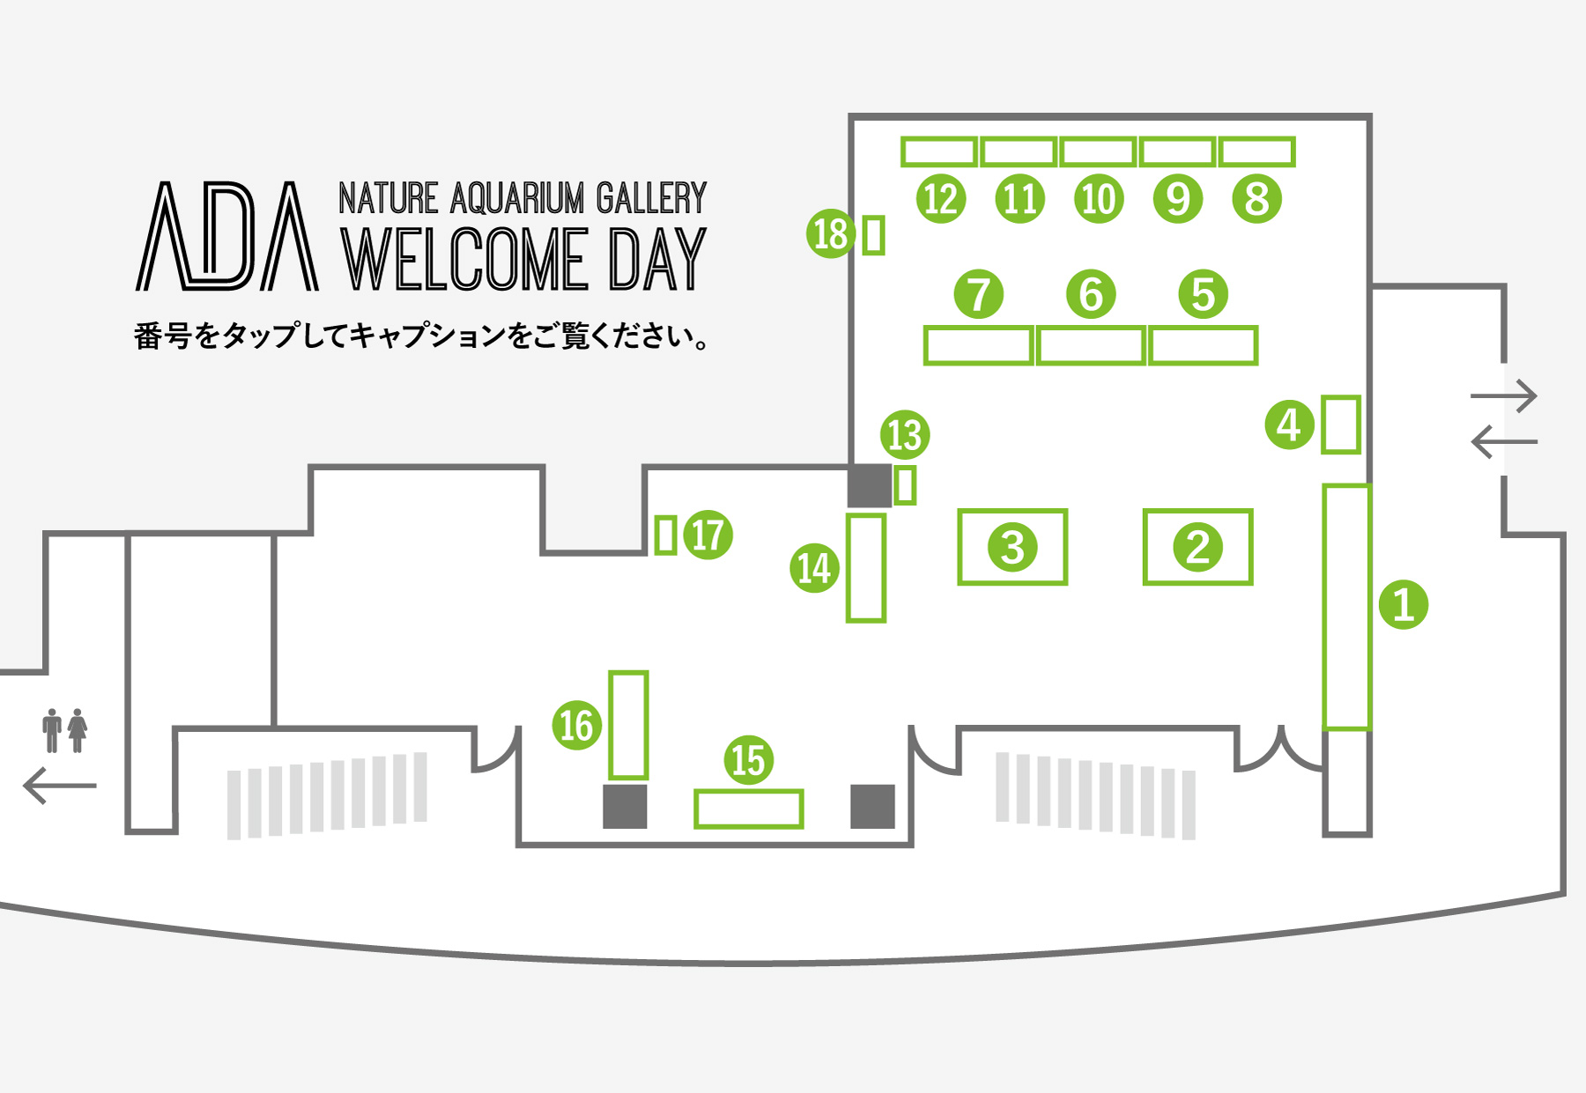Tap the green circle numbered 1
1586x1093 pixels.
[1403, 605]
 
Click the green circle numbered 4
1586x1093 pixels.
[1289, 425]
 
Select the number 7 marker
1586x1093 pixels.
[978, 294]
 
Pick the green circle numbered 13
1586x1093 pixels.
[905, 435]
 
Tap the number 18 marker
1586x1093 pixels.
[830, 234]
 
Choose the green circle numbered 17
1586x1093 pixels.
[708, 535]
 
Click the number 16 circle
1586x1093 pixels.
[577, 725]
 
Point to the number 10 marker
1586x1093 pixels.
[1099, 198]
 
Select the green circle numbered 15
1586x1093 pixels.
[748, 760]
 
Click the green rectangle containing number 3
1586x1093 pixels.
[1012, 547]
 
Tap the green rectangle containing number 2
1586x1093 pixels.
[1197, 547]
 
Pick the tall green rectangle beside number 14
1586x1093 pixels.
[865, 568]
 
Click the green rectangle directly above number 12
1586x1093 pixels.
[939, 152]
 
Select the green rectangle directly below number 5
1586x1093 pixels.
[1203, 345]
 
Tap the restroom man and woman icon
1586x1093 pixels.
[65, 730]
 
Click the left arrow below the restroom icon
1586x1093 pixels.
[59, 785]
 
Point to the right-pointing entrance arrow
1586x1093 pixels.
[1504, 396]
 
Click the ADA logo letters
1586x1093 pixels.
[227, 237]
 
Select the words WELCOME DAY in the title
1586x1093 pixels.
[523, 260]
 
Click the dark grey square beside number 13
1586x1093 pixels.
[870, 485]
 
